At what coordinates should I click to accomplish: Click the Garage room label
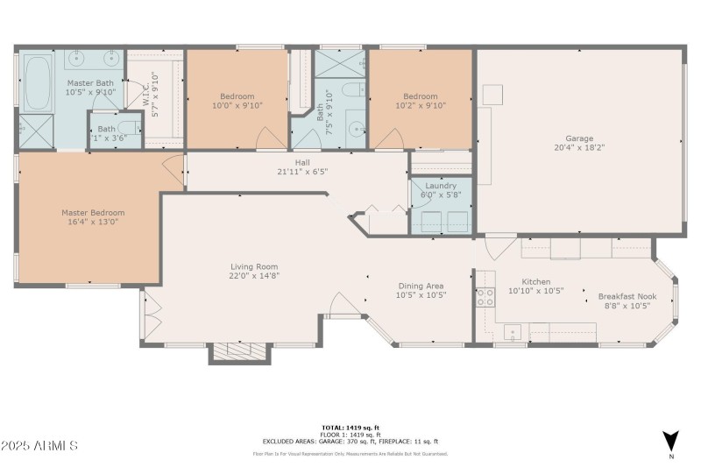tap(579, 138)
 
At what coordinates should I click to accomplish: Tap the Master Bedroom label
tap(93, 212)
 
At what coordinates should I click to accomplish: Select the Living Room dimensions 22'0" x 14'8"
tap(254, 276)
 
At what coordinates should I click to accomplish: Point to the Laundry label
tap(440, 186)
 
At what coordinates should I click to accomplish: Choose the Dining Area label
tap(421, 286)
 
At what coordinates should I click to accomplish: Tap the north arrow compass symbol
tap(670, 441)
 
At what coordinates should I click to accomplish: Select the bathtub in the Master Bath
tap(37, 83)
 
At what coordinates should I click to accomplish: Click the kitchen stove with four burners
tap(485, 296)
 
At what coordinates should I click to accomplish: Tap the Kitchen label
tap(536, 281)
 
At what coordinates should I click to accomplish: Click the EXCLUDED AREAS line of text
tap(350, 441)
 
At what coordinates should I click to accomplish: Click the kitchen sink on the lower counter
tap(512, 332)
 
